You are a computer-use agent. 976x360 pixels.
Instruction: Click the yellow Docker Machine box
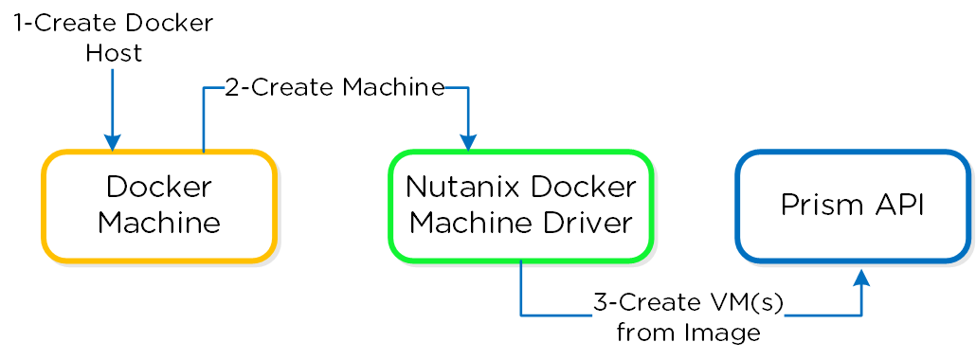click(x=158, y=192)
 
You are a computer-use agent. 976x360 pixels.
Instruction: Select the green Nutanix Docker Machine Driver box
click(x=520, y=192)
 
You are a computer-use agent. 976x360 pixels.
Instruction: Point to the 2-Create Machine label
click(x=334, y=88)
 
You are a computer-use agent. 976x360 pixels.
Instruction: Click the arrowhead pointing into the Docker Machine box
click(x=112, y=143)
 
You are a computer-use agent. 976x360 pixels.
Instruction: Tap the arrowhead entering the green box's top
click(x=468, y=143)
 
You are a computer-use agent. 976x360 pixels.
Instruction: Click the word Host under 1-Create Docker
click(x=113, y=53)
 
